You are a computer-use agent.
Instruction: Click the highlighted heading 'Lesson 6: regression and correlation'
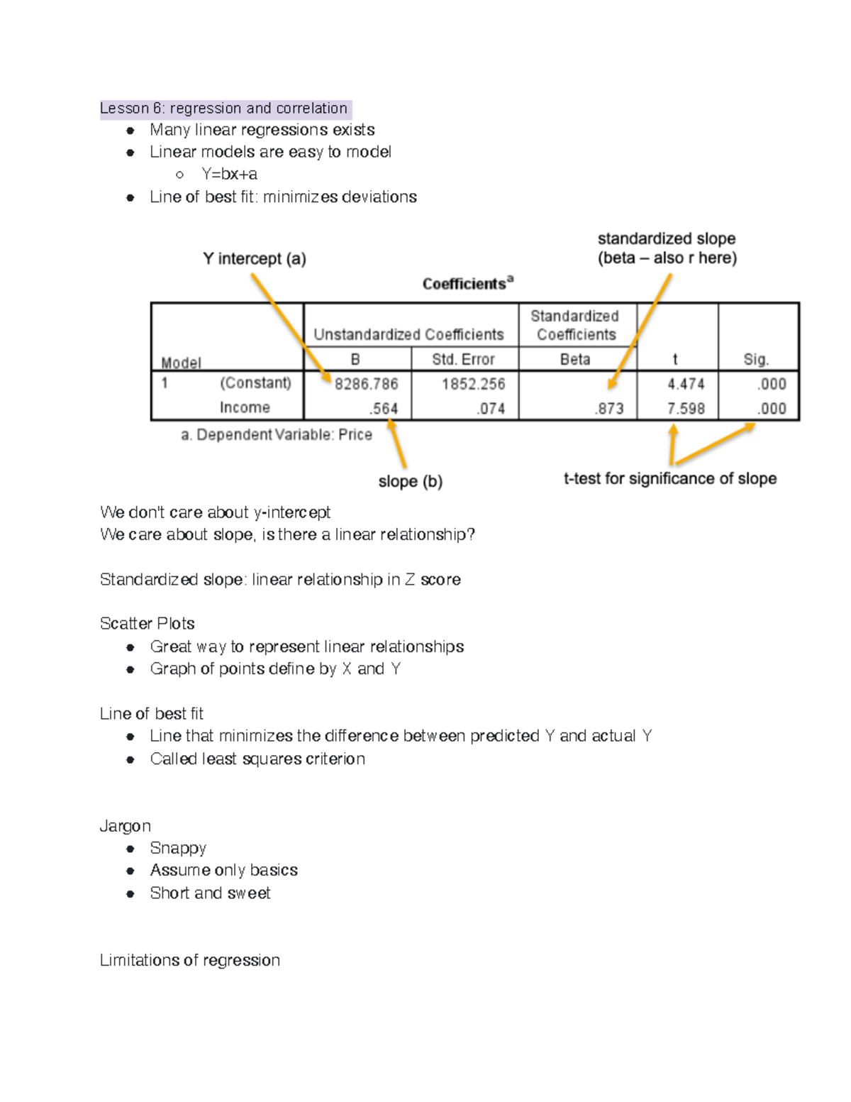click(224, 109)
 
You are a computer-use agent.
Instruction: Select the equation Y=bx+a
click(229, 174)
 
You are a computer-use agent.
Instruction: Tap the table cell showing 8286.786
click(366, 384)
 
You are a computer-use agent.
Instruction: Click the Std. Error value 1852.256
click(473, 384)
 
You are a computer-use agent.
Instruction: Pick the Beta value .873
click(610, 409)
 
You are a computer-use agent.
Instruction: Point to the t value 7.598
click(685, 409)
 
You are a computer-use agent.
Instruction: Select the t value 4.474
click(685, 384)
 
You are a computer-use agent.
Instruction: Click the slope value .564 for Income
click(383, 409)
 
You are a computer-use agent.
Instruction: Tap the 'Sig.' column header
click(756, 360)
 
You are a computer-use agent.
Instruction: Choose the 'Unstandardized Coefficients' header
click(408, 334)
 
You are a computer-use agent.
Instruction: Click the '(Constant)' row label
click(255, 383)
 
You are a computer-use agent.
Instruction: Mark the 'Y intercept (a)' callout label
click(255, 259)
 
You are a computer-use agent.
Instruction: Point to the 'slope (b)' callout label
click(410, 482)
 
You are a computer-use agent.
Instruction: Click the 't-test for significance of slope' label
click(669, 479)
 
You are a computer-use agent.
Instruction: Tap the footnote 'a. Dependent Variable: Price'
click(277, 435)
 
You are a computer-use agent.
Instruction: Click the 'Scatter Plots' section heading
click(148, 624)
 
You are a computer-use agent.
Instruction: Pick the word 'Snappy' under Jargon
click(178, 848)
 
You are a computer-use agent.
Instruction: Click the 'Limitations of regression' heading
click(190, 960)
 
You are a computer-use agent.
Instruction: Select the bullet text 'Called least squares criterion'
click(257, 759)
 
